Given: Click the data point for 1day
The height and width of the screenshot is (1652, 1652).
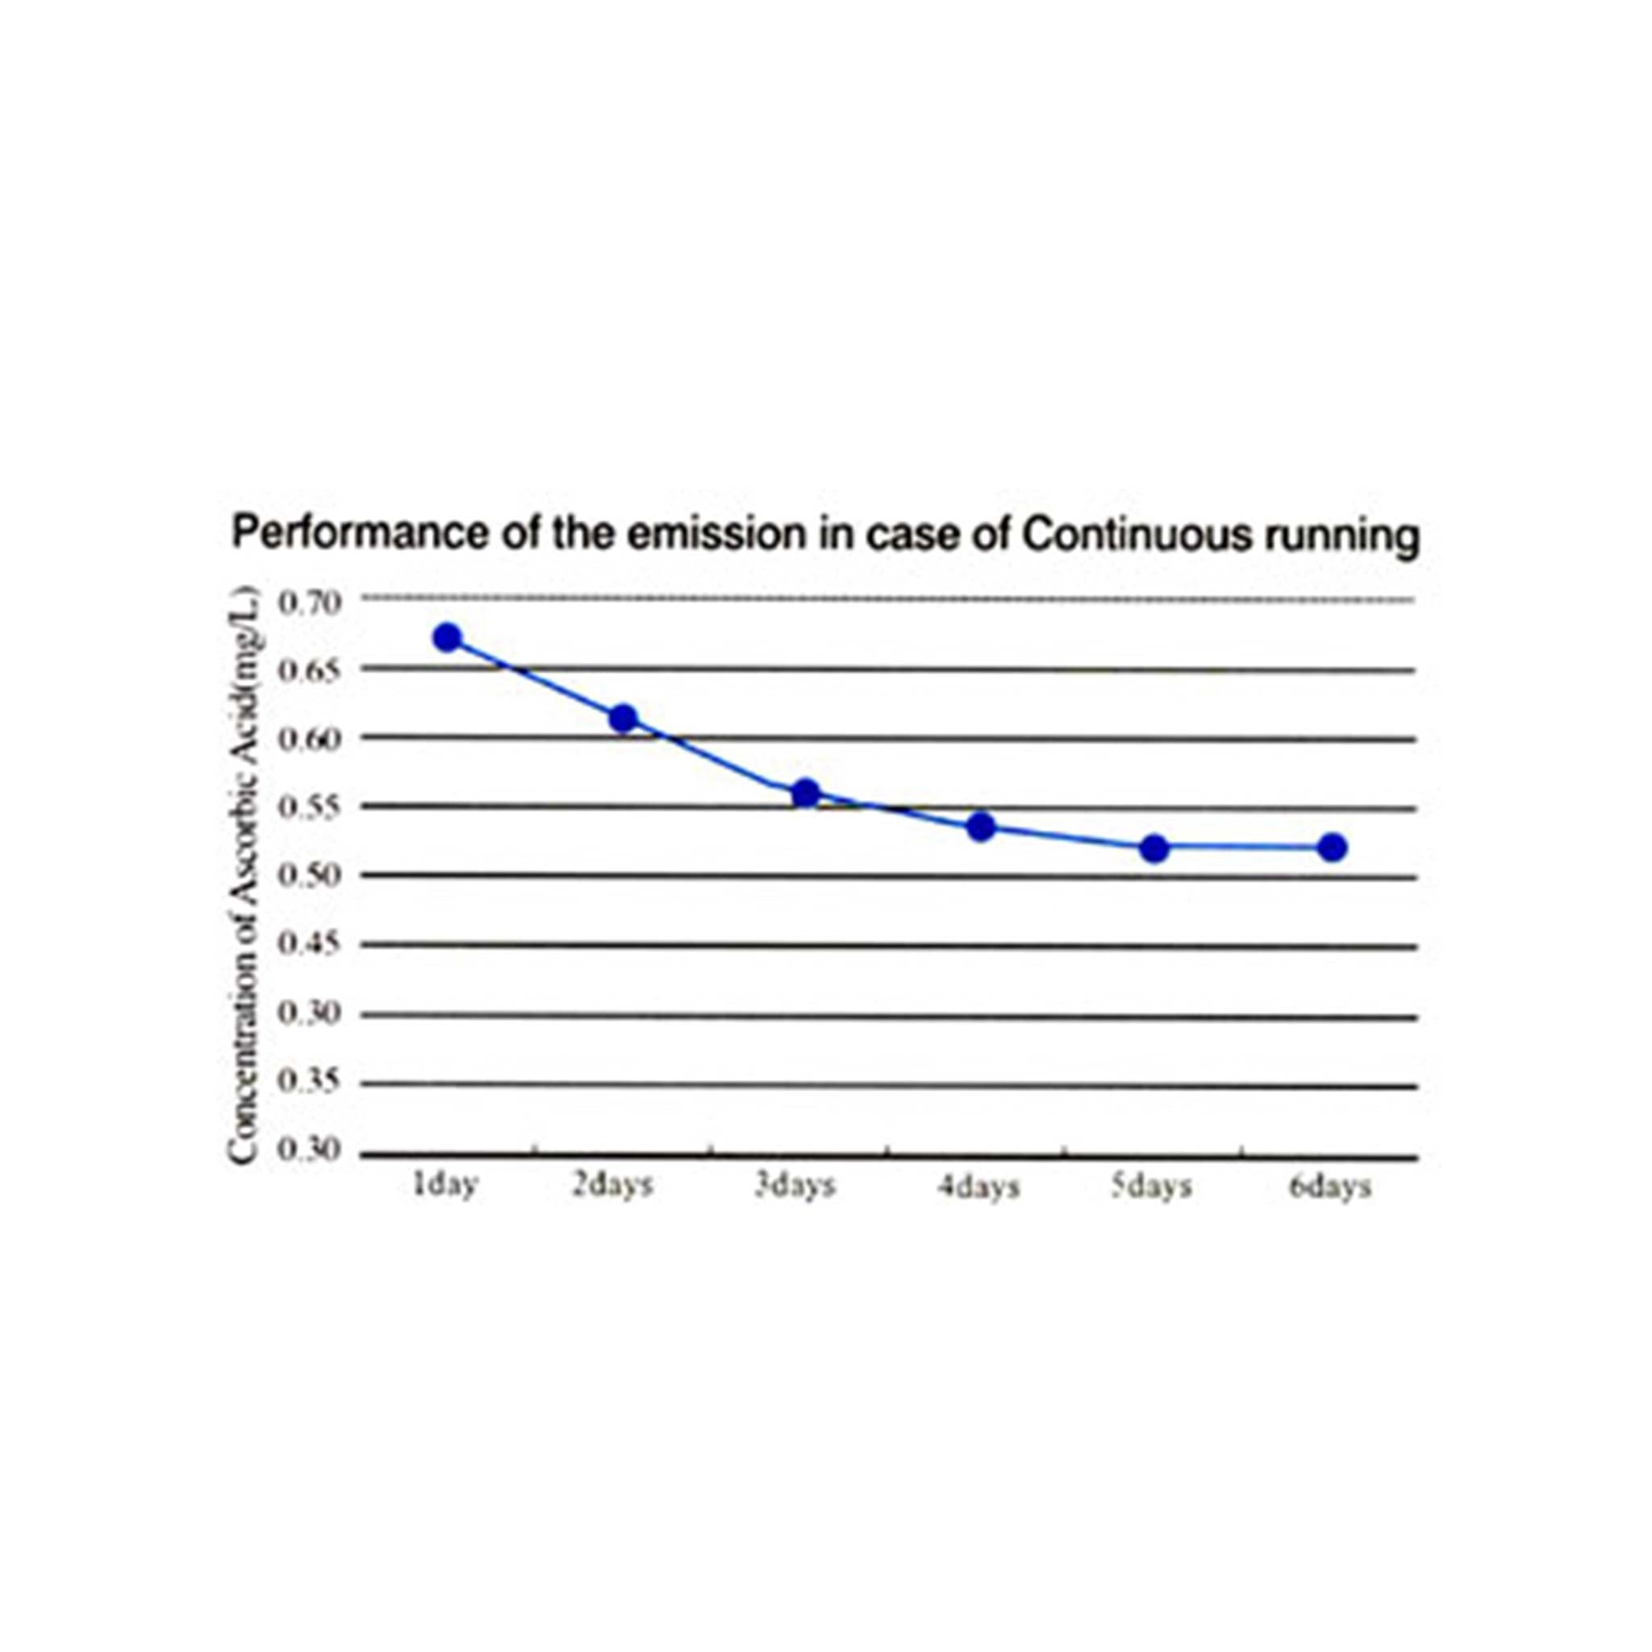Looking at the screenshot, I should click(447, 637).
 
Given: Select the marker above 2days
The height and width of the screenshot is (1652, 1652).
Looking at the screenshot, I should click(624, 717).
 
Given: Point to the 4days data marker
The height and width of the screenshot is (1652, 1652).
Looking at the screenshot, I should click(982, 827).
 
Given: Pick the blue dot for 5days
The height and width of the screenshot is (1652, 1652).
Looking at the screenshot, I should click(1154, 849).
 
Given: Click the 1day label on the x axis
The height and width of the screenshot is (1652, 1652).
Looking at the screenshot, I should click(444, 1186).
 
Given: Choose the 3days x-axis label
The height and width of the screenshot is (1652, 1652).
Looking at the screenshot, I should click(795, 1187).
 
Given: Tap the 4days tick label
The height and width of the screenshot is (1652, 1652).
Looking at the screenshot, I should click(978, 1187).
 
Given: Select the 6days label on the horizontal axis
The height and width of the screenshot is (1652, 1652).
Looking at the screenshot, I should click(1329, 1187).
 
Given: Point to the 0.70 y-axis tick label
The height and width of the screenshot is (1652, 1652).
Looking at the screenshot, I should click(311, 603).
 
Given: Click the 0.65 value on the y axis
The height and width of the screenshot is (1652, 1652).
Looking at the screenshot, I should click(311, 670).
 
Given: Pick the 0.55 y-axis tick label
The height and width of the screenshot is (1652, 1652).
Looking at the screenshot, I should click(311, 807).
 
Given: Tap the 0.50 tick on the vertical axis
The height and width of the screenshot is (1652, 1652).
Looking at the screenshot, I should click(311, 874).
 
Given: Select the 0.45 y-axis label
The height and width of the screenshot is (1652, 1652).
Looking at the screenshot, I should click(311, 944).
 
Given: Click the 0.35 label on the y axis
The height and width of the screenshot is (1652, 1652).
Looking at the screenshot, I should click(311, 1082).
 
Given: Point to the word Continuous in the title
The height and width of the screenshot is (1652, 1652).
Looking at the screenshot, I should click(1136, 536).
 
